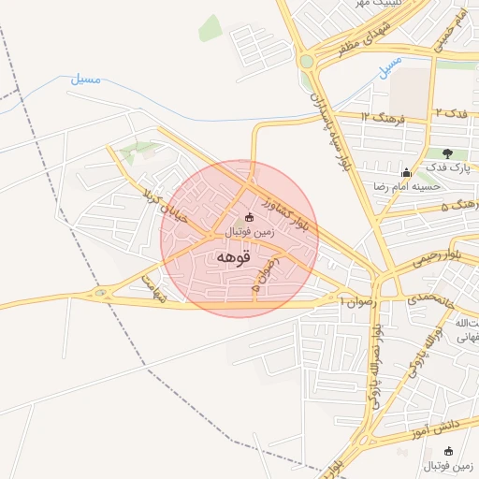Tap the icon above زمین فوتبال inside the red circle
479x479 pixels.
[248, 218]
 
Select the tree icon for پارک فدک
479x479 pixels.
[446, 153]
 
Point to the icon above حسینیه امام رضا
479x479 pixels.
[405, 173]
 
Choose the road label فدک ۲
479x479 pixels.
[454, 113]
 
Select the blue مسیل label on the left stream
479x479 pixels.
[85, 80]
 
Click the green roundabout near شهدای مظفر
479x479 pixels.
[306, 62]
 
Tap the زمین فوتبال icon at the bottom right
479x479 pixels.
[448, 451]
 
